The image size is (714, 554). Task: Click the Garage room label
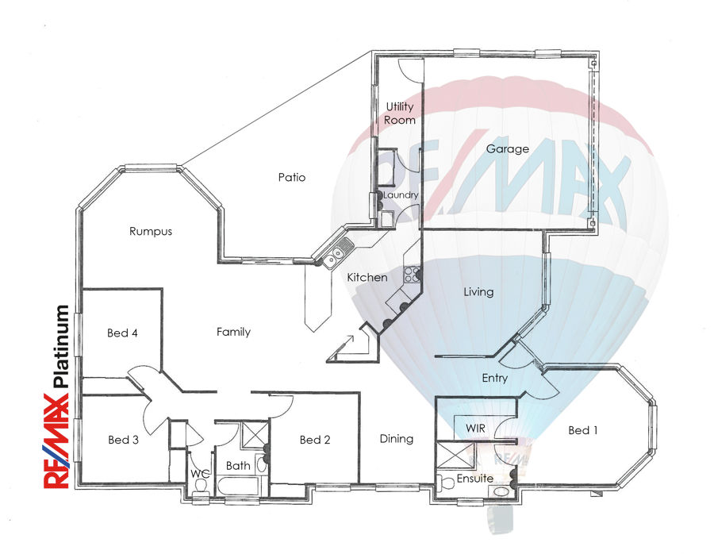pyautogui.click(x=507, y=149)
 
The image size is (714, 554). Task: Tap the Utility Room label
pyautogui.click(x=399, y=113)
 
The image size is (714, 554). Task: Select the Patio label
pyautogui.click(x=292, y=177)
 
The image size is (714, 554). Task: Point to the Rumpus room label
pyautogui.click(x=151, y=231)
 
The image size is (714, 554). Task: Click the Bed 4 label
pyautogui.click(x=122, y=333)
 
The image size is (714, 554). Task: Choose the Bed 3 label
pyautogui.click(x=124, y=440)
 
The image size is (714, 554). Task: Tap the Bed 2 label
pyautogui.click(x=315, y=440)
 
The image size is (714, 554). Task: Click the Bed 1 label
pyautogui.click(x=583, y=430)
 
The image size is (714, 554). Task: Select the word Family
pyautogui.click(x=233, y=332)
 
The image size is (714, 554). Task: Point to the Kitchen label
pyautogui.click(x=367, y=277)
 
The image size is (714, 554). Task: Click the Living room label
pyautogui.click(x=478, y=292)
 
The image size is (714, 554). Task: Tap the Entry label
pyautogui.click(x=495, y=378)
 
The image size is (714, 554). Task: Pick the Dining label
pyautogui.click(x=397, y=439)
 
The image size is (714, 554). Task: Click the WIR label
pyautogui.click(x=475, y=429)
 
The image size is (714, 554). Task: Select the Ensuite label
pyautogui.click(x=475, y=479)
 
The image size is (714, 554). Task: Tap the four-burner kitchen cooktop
pyautogui.click(x=411, y=275)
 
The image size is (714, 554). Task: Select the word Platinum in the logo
pyautogui.click(x=61, y=346)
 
